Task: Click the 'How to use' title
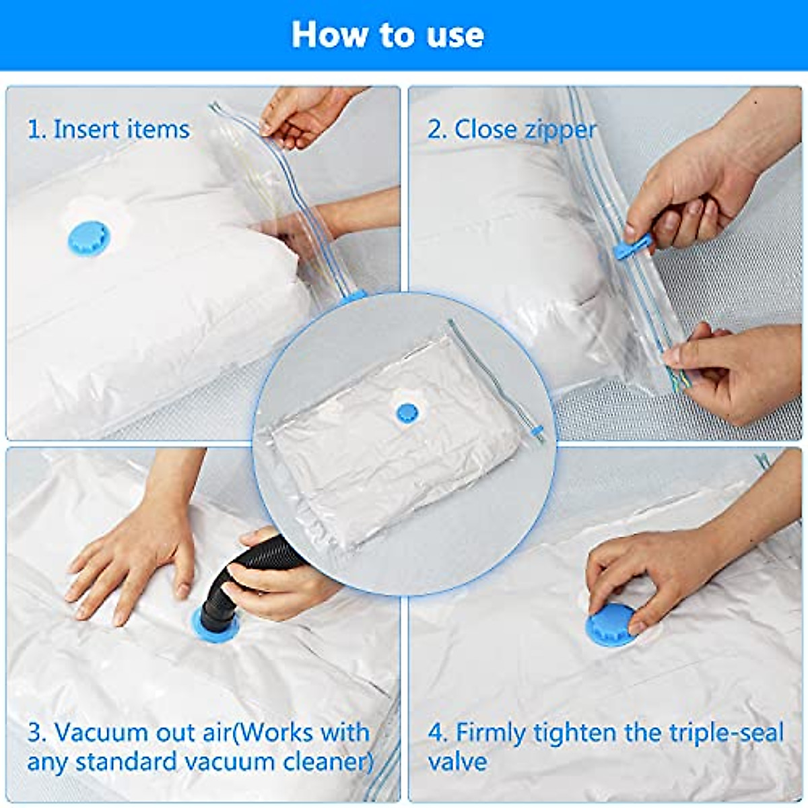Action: coord(387,34)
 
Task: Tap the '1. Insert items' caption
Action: coord(108,129)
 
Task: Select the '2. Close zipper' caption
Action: coord(512,129)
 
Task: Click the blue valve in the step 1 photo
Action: coord(88,236)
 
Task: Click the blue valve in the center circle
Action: coord(407,413)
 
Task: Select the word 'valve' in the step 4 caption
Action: coord(457,762)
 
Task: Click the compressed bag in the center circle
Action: coord(404,458)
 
